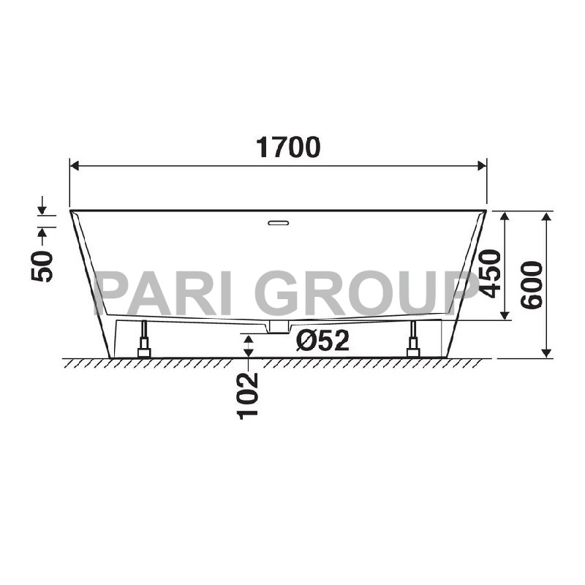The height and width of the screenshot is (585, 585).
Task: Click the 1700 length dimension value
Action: click(x=287, y=147)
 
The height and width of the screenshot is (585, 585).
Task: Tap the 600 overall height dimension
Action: click(x=532, y=285)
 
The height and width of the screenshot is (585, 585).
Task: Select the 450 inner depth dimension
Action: click(x=489, y=273)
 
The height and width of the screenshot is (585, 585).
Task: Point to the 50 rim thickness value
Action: click(x=42, y=266)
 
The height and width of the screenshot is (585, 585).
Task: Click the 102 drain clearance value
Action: click(x=248, y=396)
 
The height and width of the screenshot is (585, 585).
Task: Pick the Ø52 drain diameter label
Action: click(x=322, y=340)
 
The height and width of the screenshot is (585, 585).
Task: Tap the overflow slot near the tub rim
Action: click(x=279, y=223)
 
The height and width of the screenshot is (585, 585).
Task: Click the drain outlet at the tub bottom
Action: click(x=279, y=327)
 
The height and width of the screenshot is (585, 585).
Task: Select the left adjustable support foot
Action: click(x=143, y=339)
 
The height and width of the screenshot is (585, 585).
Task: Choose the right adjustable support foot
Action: click(x=413, y=339)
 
